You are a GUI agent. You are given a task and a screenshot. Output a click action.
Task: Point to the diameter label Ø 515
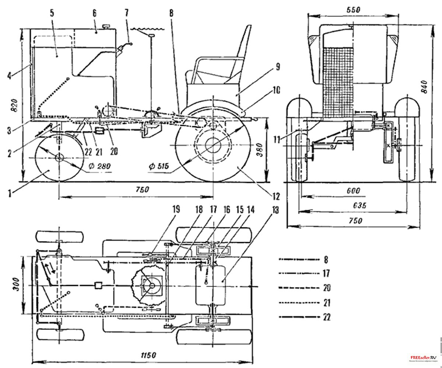click(x=159, y=166)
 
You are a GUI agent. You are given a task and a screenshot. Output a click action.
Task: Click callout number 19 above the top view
click(x=176, y=210)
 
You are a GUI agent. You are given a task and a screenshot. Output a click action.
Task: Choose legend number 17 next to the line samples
click(x=326, y=273)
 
